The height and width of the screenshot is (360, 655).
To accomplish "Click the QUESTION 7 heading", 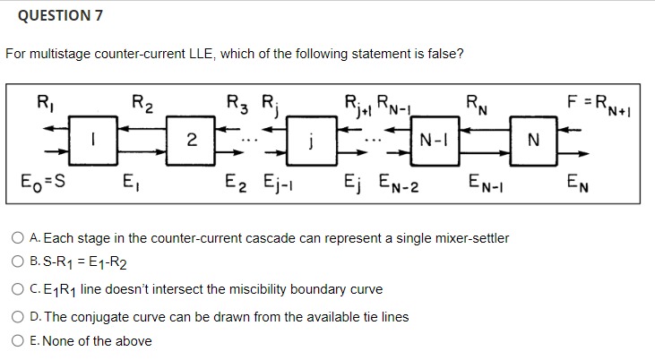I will (x=54, y=15).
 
